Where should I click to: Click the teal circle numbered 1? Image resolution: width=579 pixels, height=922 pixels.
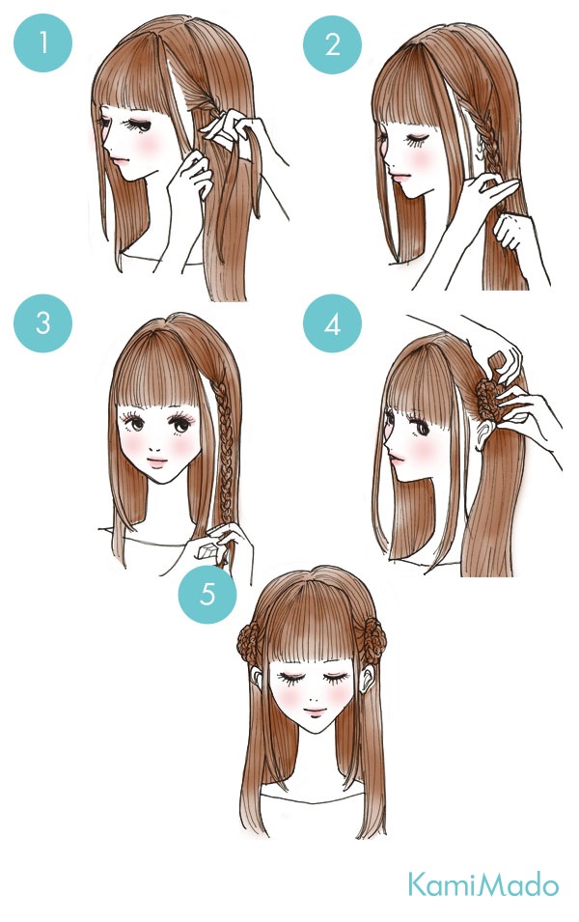[x=42, y=42]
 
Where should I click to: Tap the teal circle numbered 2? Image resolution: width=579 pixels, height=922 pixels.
[x=332, y=44]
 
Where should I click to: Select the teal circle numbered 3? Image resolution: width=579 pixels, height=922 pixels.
[x=42, y=322]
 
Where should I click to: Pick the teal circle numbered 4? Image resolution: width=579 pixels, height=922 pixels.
[x=332, y=323]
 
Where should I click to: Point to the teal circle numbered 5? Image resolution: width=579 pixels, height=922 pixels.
[x=207, y=594]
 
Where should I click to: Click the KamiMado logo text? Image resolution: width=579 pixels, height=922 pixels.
[x=483, y=885]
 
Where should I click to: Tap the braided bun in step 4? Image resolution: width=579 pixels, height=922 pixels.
[x=486, y=401]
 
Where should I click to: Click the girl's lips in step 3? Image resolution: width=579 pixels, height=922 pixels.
[x=157, y=462]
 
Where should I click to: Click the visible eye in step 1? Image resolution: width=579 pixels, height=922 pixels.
[x=140, y=125]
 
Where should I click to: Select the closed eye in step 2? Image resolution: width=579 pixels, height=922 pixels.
[x=416, y=141]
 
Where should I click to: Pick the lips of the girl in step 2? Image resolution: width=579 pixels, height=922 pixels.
[x=398, y=177]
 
